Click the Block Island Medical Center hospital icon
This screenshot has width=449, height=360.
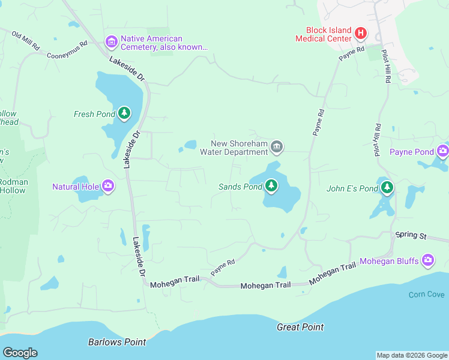coord(360,33)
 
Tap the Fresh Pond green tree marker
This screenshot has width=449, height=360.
coord(124,113)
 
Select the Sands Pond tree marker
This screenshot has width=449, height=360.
coord(271,186)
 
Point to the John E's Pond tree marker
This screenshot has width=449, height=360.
coord(387,188)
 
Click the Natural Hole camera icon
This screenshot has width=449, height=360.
coord(108,185)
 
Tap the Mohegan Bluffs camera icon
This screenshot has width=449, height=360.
coord(428,260)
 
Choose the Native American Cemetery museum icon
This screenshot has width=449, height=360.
coord(112,42)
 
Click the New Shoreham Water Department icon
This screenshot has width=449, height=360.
coord(277,146)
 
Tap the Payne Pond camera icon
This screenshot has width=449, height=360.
coord(443,151)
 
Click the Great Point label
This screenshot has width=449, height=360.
coord(300,327)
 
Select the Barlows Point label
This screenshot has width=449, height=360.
coord(117,342)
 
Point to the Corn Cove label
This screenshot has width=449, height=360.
coord(426,295)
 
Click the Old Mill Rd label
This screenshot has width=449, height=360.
coord(25,39)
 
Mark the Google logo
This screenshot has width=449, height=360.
coord(20,353)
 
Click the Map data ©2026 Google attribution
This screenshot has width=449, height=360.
coord(412,355)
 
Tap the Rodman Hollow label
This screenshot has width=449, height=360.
coord(12,185)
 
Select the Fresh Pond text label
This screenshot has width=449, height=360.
coord(94,114)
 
